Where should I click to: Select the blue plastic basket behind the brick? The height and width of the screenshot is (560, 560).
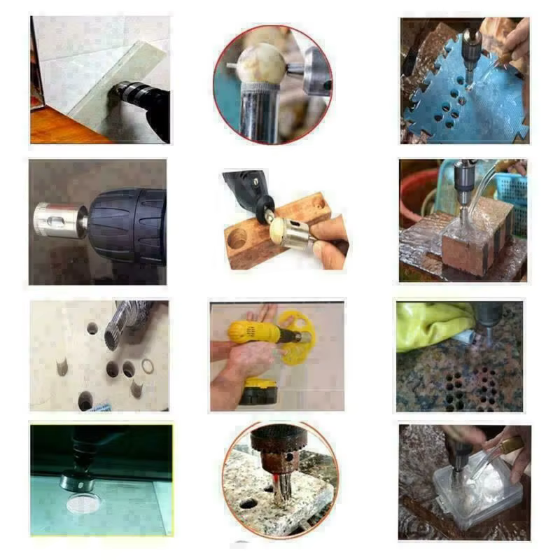[x=511, y=196]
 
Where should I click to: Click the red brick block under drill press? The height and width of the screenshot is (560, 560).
[x=476, y=245]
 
